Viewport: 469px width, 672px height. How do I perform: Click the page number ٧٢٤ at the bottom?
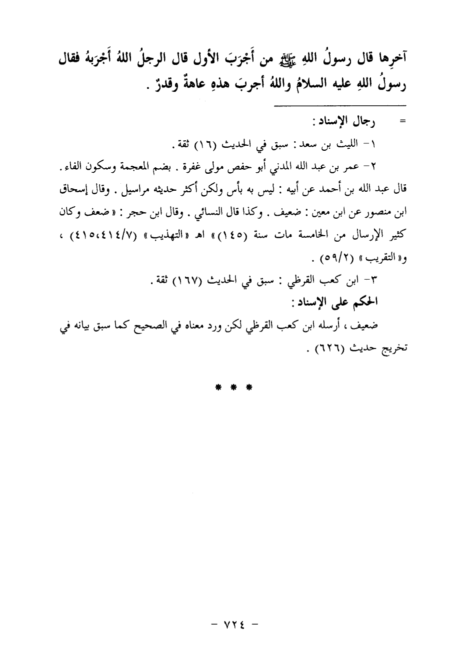[233, 624]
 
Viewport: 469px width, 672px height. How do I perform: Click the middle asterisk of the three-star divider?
[233, 387]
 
